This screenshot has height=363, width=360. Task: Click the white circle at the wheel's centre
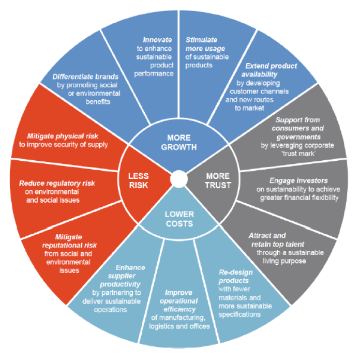[x=178, y=178]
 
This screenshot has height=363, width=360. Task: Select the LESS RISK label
[x=138, y=180]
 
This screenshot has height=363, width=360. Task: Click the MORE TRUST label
[x=217, y=180]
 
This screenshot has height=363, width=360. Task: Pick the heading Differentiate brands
[x=86, y=77]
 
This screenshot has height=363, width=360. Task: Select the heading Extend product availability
[x=271, y=70]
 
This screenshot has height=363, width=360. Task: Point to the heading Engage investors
[x=298, y=180]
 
